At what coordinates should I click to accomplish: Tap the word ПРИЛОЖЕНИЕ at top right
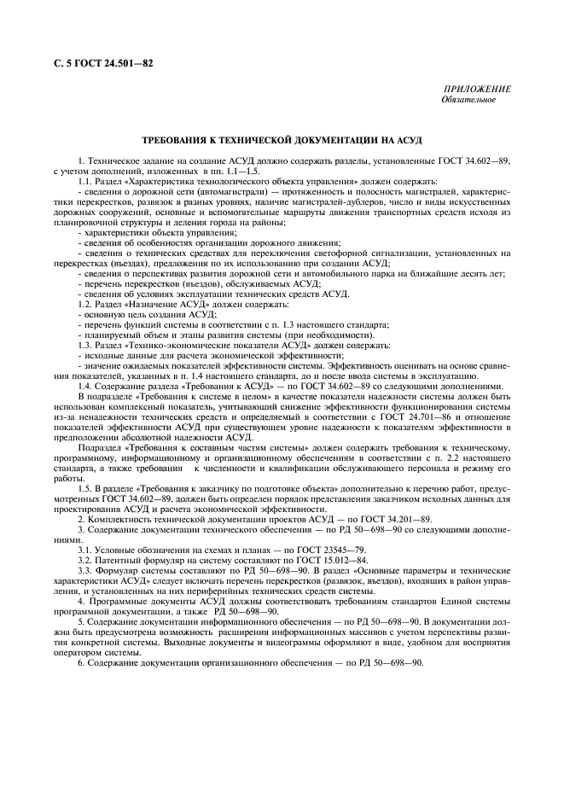[477, 90]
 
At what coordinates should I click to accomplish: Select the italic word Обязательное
[468, 100]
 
